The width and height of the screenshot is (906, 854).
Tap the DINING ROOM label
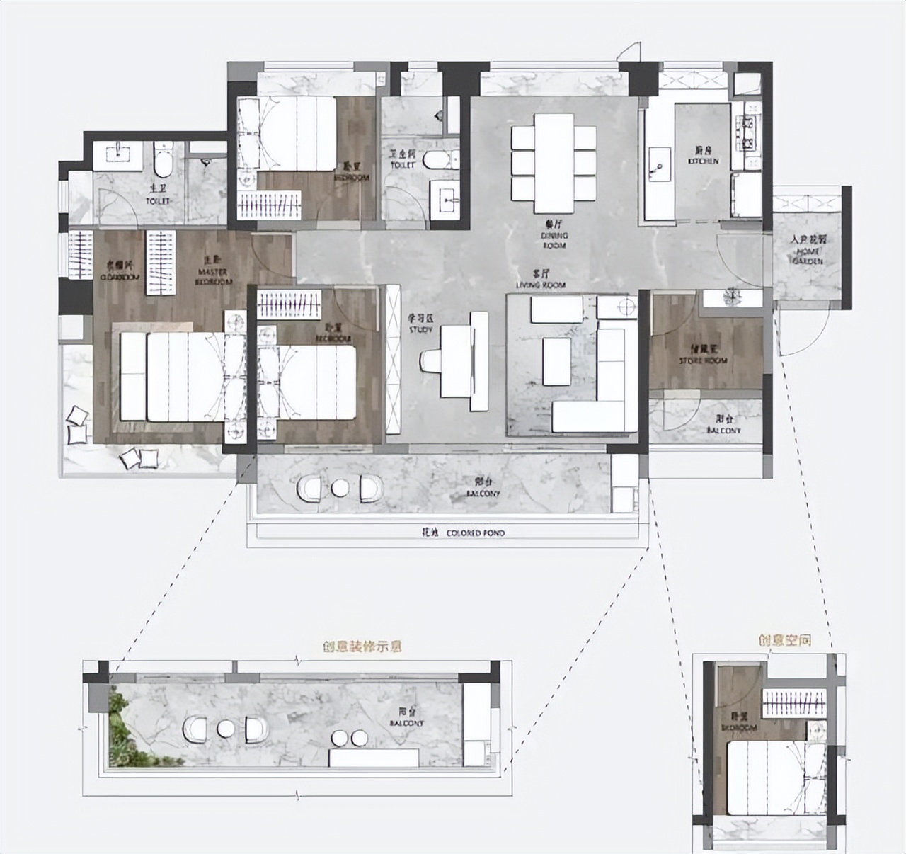[554, 237]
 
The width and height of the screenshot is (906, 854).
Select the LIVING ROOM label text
[541, 280]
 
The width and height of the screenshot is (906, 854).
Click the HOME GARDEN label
[808, 251]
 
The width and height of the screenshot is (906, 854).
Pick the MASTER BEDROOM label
[213, 277]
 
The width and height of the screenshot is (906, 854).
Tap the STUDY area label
[415, 325]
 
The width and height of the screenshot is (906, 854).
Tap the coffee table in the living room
[556, 360]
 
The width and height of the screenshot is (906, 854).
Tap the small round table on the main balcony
[340, 489]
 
